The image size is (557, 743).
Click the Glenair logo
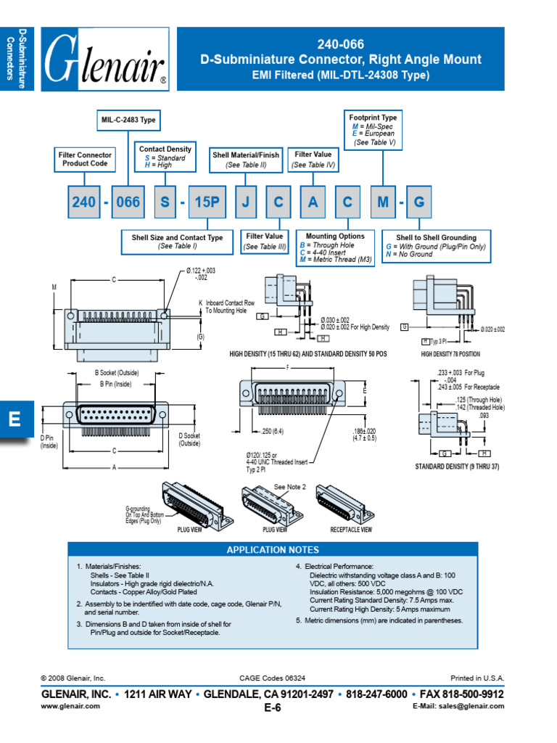(x=106, y=59)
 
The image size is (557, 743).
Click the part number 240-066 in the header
(x=340, y=44)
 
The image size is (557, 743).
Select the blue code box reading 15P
(x=207, y=202)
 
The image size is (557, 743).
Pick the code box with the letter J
(x=245, y=202)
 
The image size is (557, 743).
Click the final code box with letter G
(x=418, y=202)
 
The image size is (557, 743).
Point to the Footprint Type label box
(x=373, y=129)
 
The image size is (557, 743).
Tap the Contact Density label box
(x=165, y=157)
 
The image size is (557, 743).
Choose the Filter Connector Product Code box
(x=85, y=159)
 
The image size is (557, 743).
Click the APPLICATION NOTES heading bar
(x=273, y=550)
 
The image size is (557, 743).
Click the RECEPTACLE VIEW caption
(x=351, y=530)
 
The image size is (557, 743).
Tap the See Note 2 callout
(x=290, y=487)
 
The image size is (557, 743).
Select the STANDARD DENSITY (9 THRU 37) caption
(x=457, y=466)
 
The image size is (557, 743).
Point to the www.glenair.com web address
(x=70, y=706)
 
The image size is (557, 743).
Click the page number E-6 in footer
(x=273, y=709)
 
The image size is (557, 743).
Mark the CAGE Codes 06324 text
(x=272, y=678)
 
